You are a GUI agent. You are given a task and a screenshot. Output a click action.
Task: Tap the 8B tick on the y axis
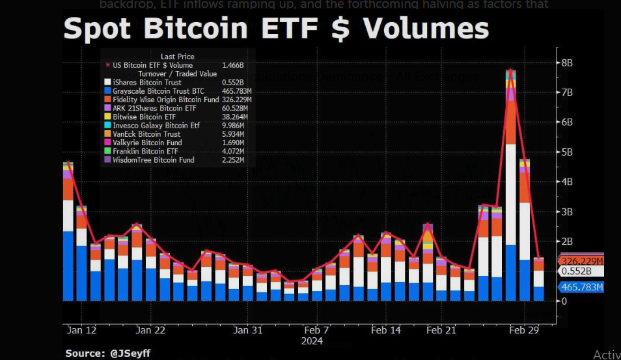566,63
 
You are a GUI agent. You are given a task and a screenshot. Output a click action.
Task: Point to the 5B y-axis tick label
566,152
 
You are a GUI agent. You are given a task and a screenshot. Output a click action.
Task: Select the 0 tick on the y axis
564,301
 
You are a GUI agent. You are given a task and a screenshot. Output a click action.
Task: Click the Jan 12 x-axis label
81,331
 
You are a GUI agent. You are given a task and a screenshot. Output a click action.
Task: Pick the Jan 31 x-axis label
248,331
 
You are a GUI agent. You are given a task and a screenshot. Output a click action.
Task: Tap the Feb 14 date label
386,331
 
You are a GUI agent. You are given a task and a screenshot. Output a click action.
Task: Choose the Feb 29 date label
524,331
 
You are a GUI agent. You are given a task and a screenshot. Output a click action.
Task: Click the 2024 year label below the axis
312,340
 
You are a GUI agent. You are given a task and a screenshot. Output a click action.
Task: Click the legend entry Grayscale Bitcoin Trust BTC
159,91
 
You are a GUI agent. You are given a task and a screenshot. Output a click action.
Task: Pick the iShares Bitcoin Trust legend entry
147,83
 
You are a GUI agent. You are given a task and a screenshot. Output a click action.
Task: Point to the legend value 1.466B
232,66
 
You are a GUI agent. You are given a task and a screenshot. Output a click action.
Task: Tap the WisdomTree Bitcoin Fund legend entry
154,159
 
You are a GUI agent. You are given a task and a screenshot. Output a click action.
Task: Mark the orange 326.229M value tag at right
581,261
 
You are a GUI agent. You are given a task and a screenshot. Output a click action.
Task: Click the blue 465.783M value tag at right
581,287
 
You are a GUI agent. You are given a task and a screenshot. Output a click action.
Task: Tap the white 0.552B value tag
576,271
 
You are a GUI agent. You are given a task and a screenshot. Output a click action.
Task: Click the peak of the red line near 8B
511,70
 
